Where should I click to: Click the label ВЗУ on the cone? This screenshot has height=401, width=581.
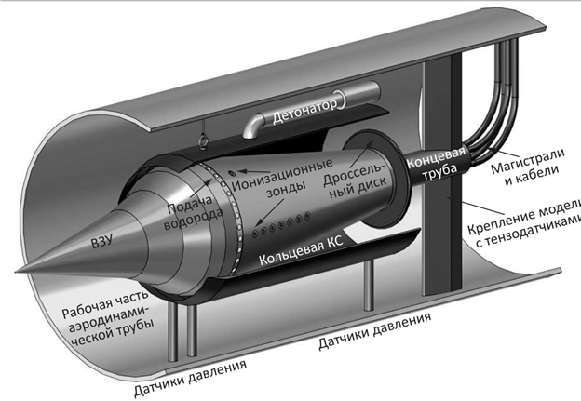[x=101, y=241]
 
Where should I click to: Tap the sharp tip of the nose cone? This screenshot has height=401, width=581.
[x=17, y=271]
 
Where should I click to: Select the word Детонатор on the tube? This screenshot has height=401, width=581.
[x=304, y=111]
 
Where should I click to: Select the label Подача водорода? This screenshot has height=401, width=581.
[x=194, y=211]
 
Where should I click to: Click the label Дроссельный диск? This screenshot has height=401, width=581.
[x=355, y=181]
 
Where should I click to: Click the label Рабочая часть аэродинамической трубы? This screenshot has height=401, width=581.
[x=108, y=317]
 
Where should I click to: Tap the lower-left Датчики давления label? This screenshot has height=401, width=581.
[x=190, y=378]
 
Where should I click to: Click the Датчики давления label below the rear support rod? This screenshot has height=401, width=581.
[x=374, y=330]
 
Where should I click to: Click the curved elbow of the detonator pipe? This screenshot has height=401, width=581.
[x=253, y=127]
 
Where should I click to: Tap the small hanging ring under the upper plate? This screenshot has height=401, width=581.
[x=203, y=141]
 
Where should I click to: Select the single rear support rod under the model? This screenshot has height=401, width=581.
[x=368, y=286]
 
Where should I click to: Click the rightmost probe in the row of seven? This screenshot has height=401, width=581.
[x=307, y=216]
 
